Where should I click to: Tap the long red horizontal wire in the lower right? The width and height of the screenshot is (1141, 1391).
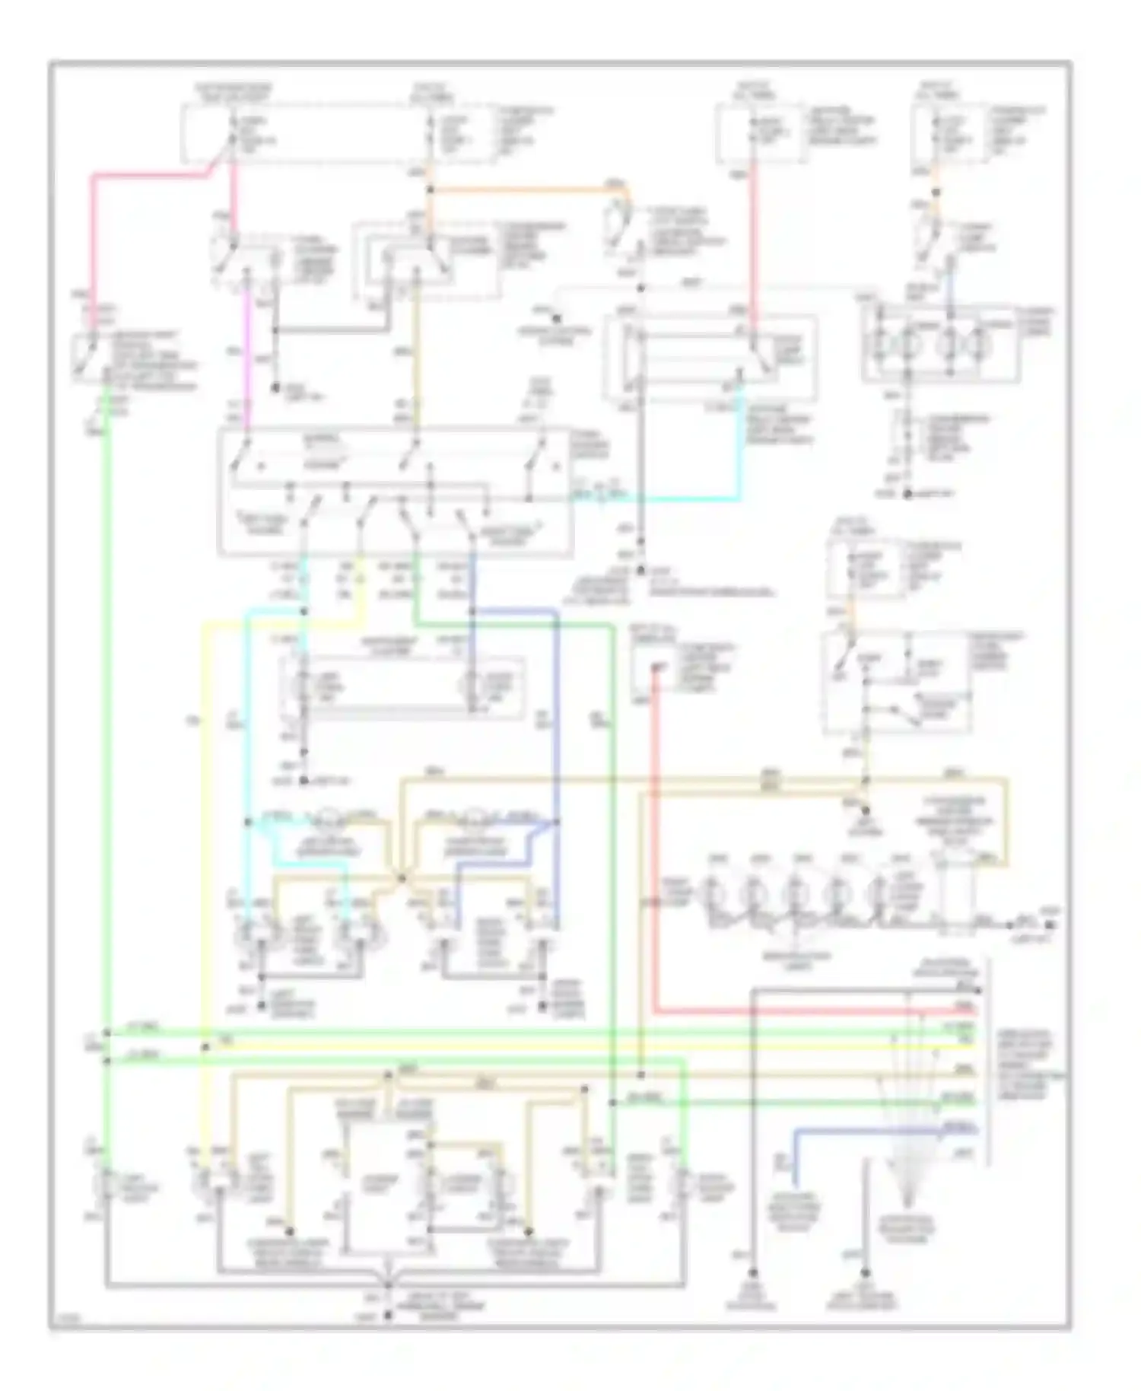point(799,1011)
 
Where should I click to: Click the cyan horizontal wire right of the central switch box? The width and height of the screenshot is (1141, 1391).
point(669,500)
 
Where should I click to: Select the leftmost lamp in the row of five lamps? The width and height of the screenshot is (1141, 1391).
point(711,890)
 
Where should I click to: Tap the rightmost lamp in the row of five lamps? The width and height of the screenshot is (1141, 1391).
point(880,890)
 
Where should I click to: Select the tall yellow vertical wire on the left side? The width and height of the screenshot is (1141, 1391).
point(204,837)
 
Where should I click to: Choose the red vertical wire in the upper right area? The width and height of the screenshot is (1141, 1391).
point(753,244)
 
